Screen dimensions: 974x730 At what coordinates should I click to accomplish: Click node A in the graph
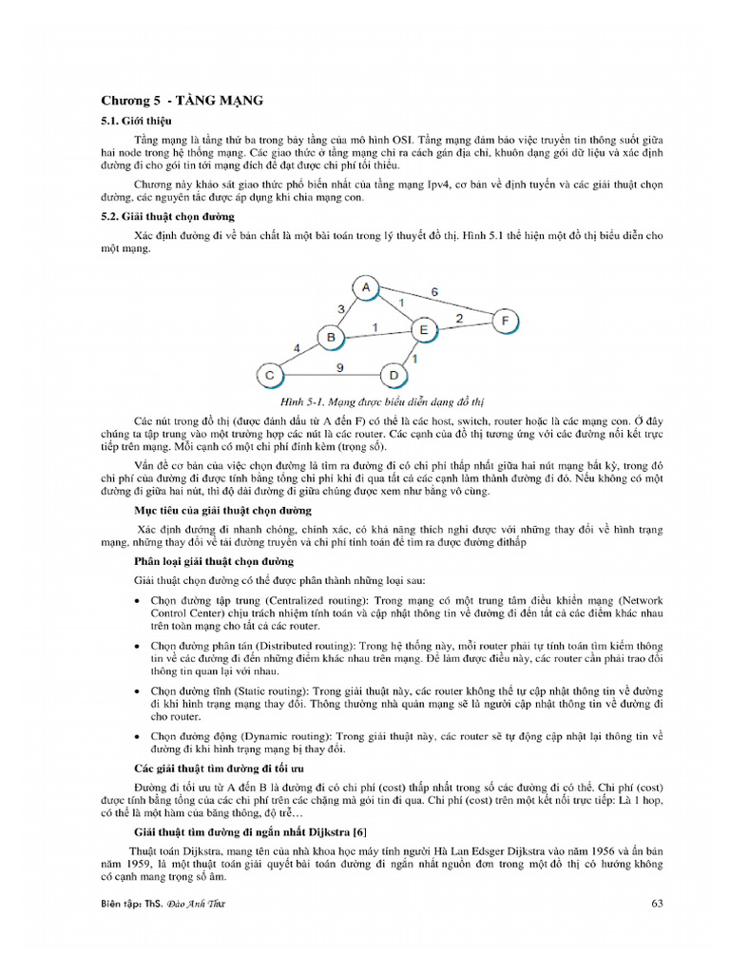point(366,287)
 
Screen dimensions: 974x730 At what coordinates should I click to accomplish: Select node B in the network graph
point(332,337)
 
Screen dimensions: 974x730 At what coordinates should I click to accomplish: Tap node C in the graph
point(270,374)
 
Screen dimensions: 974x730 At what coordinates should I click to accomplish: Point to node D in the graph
point(394,375)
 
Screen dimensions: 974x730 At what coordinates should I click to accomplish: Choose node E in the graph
point(424,329)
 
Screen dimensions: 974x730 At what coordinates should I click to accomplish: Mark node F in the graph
point(506,321)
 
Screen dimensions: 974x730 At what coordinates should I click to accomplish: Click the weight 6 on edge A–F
point(434,292)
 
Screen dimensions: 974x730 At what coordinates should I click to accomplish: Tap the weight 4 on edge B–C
point(298,348)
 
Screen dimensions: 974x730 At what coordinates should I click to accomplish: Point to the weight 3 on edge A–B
point(341,308)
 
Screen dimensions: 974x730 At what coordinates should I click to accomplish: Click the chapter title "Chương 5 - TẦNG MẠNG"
point(182,100)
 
